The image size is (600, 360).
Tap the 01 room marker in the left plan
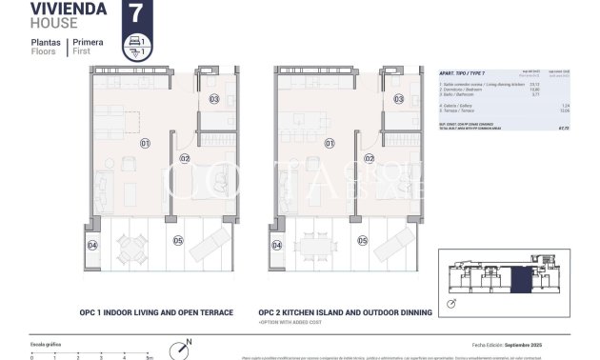click(x=145, y=145)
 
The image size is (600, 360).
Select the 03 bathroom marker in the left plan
click(x=214, y=99)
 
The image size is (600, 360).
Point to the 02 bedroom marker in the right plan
click(x=369, y=158)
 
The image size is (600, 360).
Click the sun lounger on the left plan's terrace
click(x=208, y=247)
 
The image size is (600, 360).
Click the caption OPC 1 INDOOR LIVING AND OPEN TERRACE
click(x=155, y=311)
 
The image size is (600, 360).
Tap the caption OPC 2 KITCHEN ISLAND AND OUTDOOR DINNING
click(x=345, y=311)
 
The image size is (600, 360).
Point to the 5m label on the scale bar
click(x=150, y=357)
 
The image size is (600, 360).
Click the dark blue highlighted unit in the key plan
click(x=520, y=281)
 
